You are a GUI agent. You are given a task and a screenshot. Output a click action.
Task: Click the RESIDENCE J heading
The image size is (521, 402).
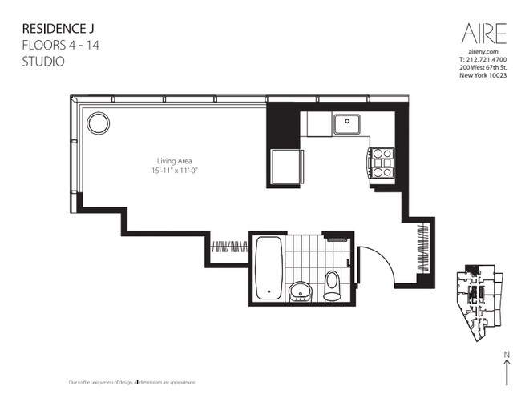[x=59, y=29]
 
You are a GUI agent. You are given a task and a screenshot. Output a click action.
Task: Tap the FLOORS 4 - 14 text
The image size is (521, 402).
[x=61, y=45]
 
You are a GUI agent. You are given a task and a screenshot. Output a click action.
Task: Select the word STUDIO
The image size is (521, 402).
[x=43, y=62]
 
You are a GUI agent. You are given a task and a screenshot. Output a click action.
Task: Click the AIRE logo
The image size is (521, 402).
[x=484, y=34]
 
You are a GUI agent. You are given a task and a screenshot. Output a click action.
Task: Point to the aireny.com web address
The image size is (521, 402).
[x=483, y=52]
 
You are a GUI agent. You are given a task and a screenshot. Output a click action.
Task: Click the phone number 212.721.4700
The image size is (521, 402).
[x=487, y=60]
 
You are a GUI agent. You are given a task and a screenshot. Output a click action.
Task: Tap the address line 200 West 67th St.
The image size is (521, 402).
[x=483, y=67]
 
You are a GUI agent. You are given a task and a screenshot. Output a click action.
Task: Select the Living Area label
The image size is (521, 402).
[x=175, y=161]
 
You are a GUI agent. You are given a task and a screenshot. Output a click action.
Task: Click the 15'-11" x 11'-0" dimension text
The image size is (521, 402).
[x=175, y=171]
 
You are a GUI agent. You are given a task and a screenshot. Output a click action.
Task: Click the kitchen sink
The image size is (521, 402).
[x=347, y=124]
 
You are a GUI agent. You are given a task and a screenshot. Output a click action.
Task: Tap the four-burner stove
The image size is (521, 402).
[x=381, y=163]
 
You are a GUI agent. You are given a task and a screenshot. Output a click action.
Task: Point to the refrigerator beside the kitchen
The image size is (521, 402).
[x=287, y=167]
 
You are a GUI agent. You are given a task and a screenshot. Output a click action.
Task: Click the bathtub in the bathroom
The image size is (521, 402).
[x=269, y=267]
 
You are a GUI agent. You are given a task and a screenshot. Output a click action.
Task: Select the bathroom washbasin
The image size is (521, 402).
[x=301, y=291]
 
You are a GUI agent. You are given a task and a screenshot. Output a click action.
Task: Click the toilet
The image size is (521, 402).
[x=333, y=286]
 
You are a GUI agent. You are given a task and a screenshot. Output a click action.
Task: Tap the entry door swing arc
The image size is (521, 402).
[x=386, y=259]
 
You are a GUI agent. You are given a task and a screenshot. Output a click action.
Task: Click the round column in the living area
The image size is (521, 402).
[x=99, y=123]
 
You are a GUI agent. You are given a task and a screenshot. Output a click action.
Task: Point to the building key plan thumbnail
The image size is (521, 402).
[x=479, y=303]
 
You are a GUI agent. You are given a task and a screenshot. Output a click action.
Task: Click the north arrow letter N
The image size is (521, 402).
[x=507, y=355]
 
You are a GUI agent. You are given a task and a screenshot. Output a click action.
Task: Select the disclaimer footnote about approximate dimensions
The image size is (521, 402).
[x=132, y=383]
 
